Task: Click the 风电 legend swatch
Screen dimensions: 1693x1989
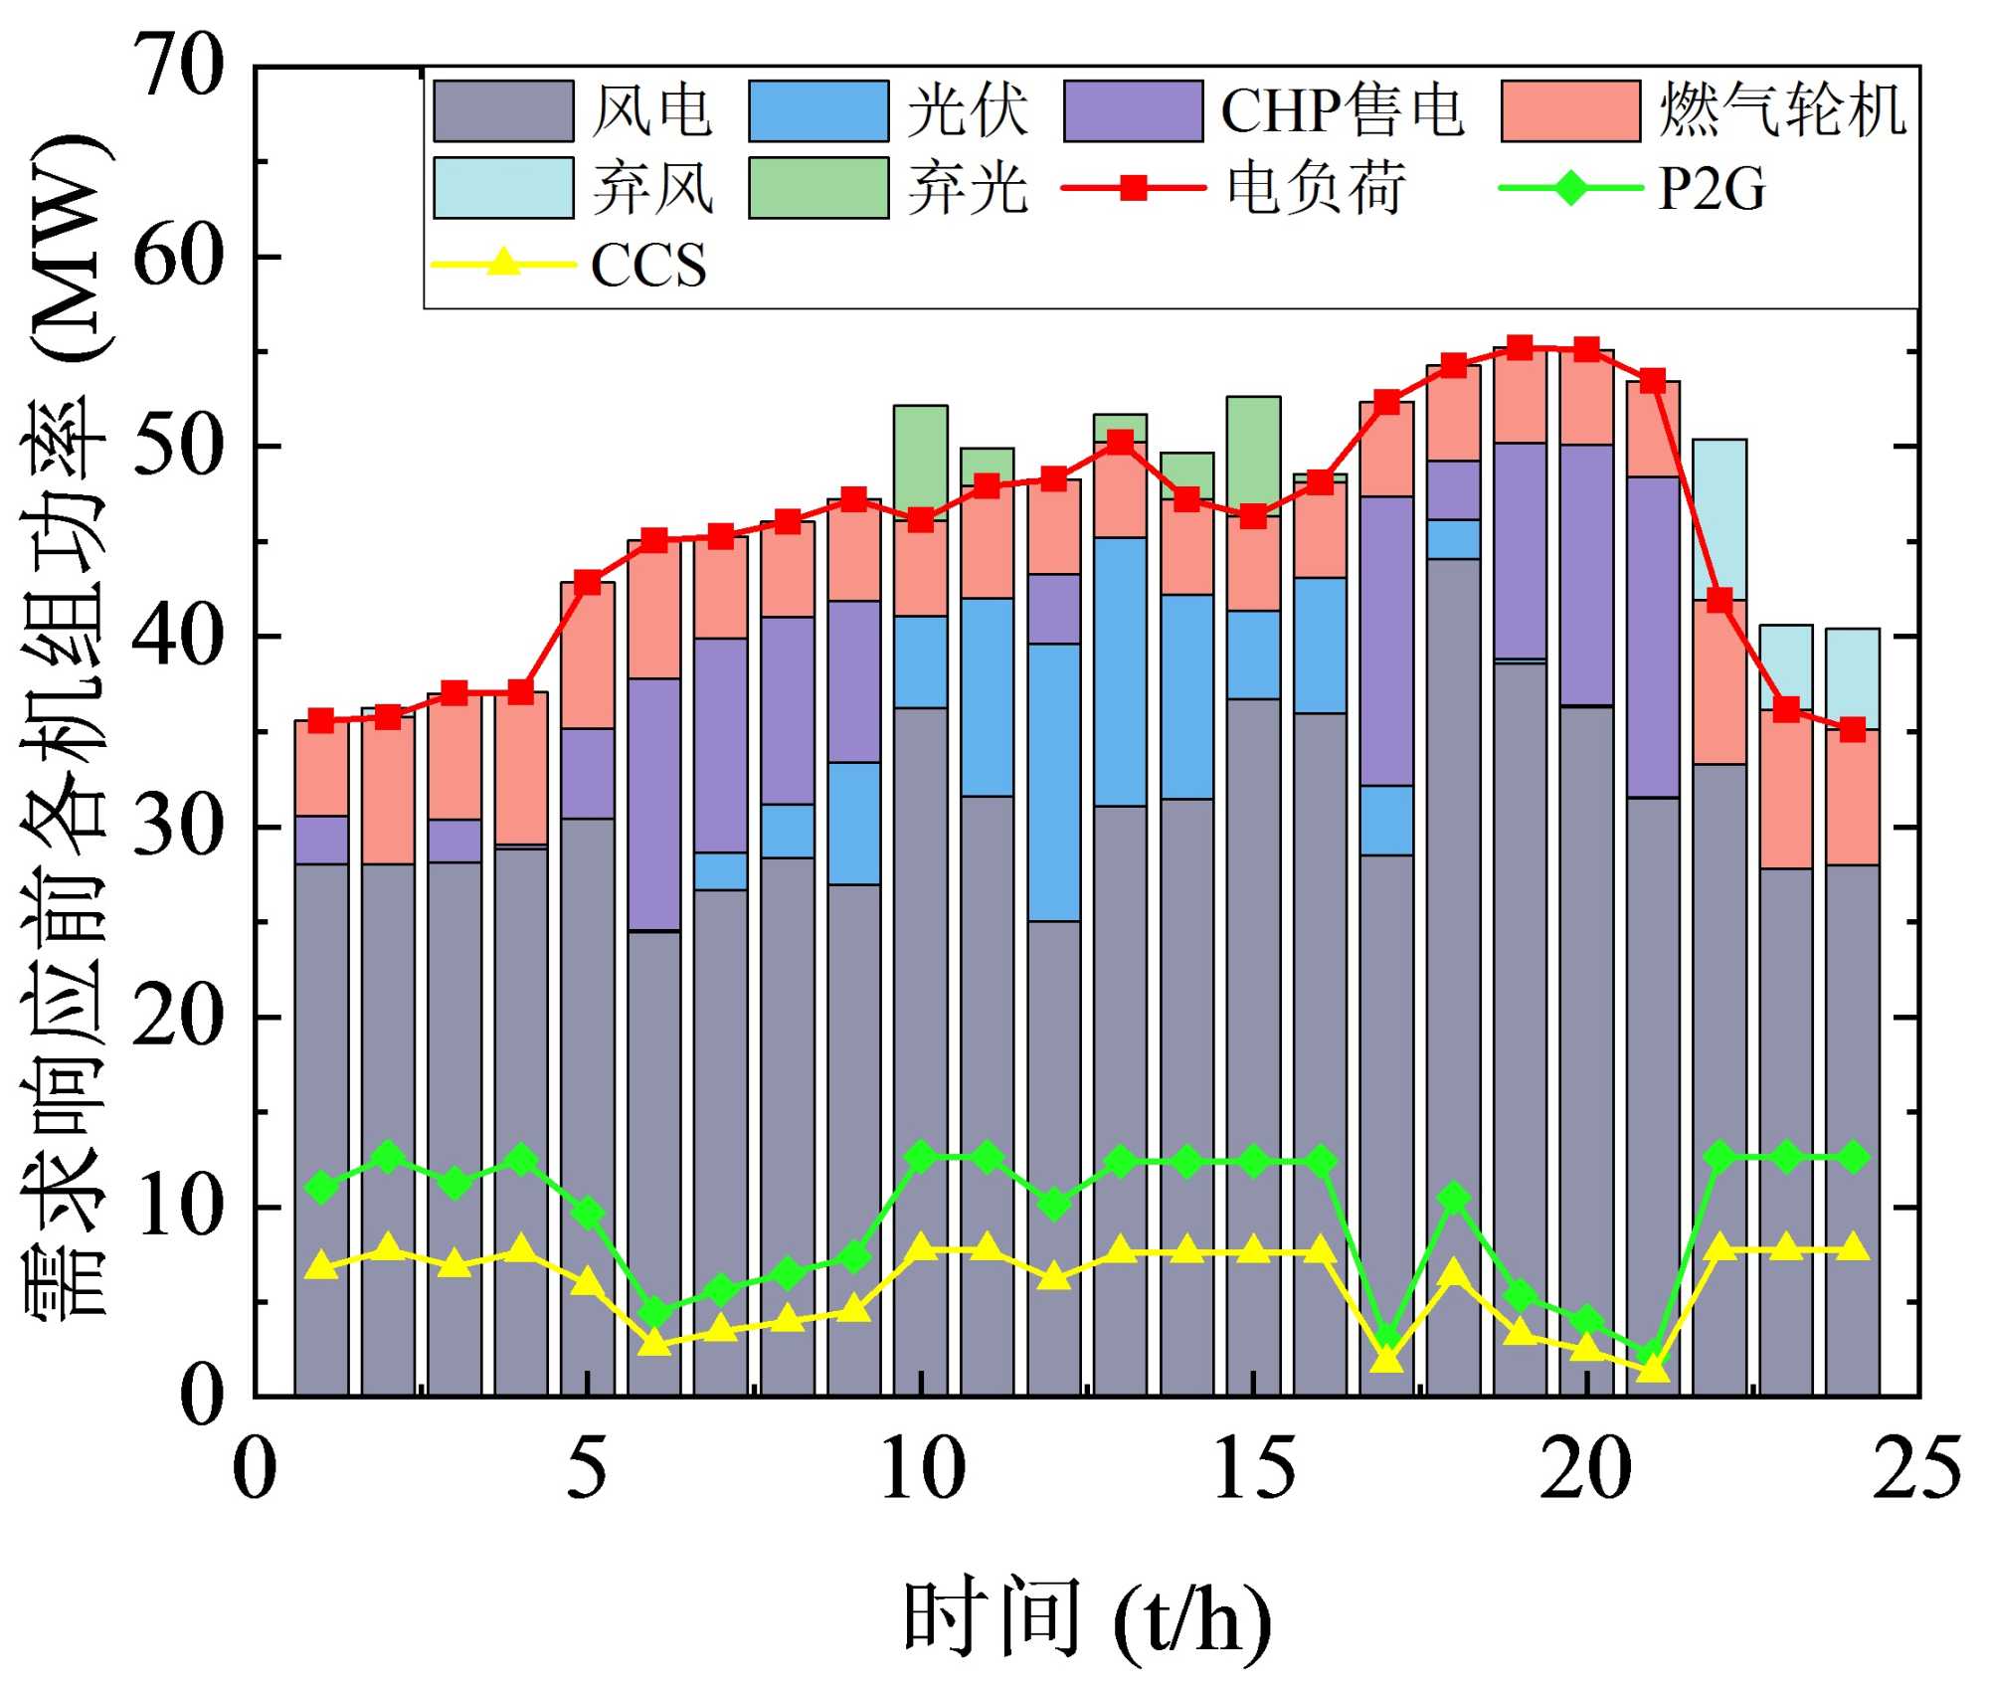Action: coord(503,110)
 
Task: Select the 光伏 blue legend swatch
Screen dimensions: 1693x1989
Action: coord(817,110)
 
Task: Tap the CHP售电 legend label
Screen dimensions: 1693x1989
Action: coord(1342,110)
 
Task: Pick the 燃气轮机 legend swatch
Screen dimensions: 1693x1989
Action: coord(1570,110)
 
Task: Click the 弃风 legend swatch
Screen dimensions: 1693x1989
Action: coord(503,187)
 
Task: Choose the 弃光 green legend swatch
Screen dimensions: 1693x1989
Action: coord(817,187)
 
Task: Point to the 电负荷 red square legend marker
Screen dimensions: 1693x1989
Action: coord(1133,187)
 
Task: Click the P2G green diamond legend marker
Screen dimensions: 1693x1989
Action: coord(1570,187)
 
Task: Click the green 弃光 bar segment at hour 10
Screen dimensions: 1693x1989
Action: coord(920,461)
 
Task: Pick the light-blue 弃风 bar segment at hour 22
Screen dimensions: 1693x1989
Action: coord(1719,518)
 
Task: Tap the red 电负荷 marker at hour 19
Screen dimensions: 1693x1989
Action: coord(1520,347)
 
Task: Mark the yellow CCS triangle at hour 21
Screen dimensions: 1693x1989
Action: coord(1653,1370)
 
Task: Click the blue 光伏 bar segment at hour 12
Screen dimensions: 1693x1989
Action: coord(1054,782)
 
